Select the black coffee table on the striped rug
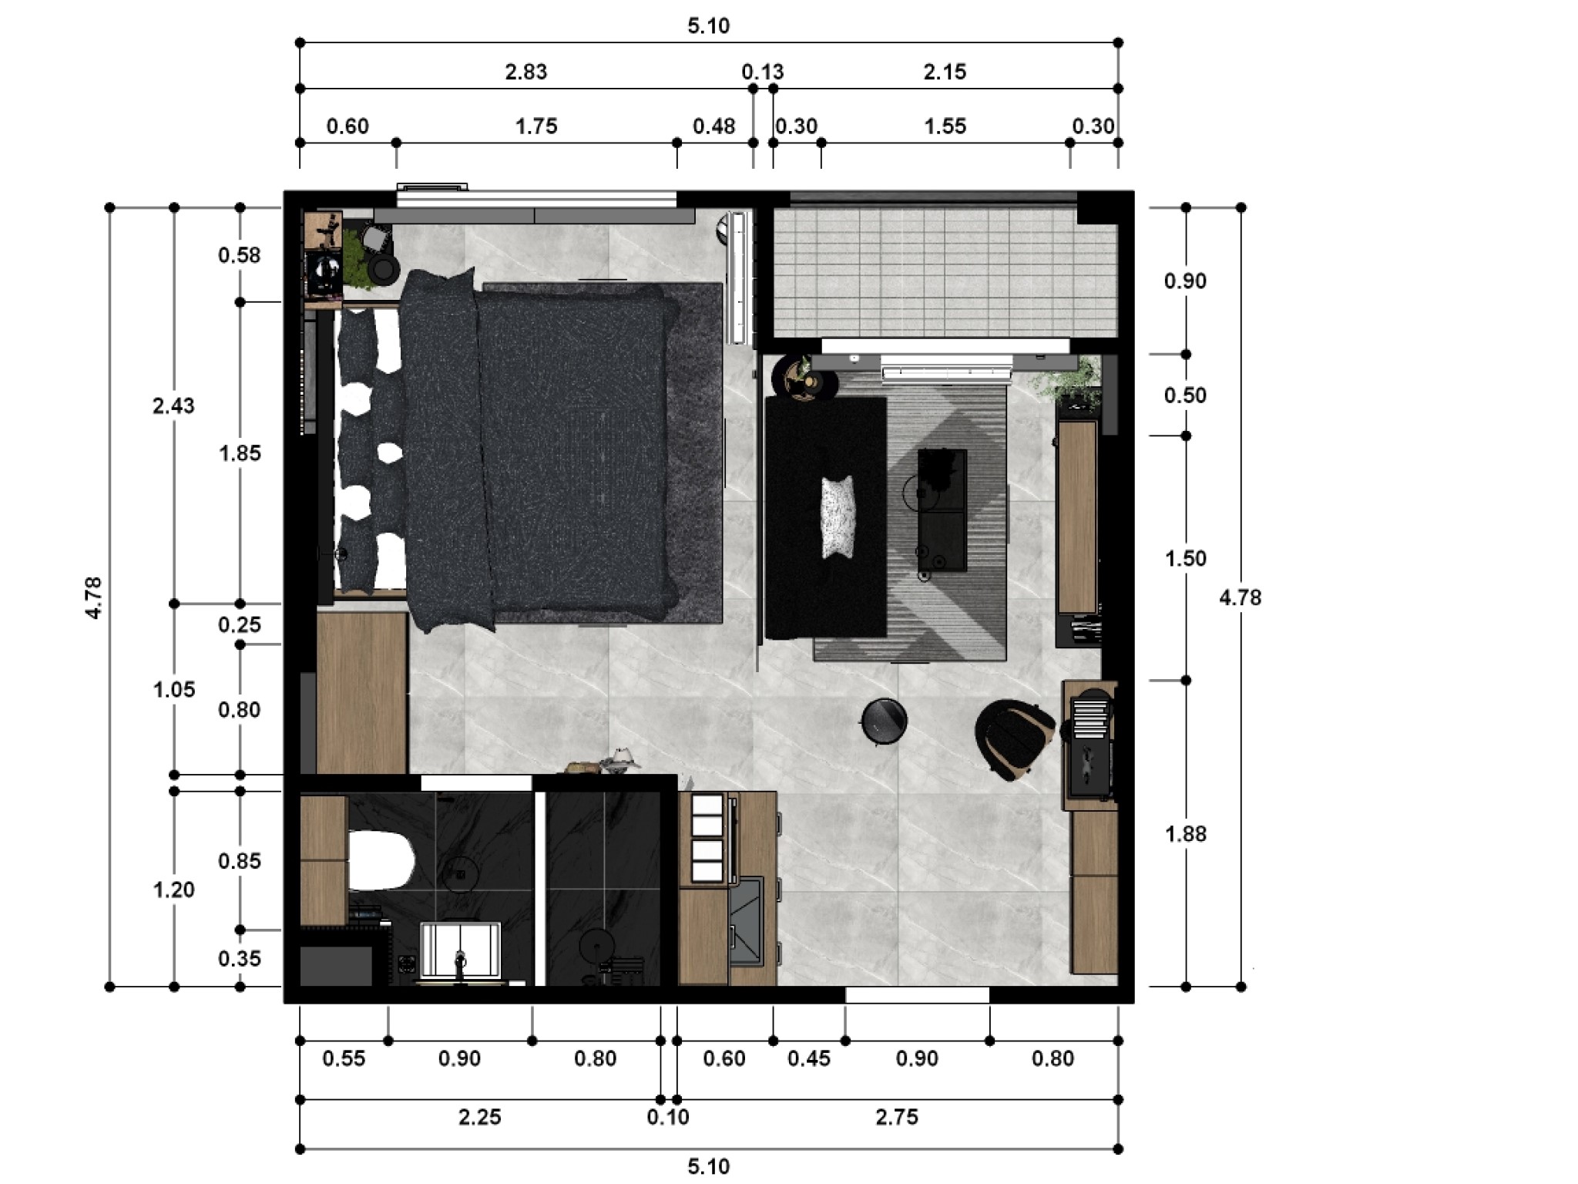(x=942, y=510)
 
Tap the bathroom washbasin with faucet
(x=460, y=950)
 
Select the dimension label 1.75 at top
(x=536, y=126)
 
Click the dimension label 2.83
(x=525, y=72)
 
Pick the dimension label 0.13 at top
(x=762, y=72)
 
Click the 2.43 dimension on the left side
(x=173, y=406)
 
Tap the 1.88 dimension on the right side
(x=1185, y=834)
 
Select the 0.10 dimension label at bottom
(x=667, y=1117)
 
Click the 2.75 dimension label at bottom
(x=897, y=1117)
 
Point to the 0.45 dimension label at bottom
(x=808, y=1059)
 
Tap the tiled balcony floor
(x=944, y=270)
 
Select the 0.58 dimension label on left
(x=239, y=255)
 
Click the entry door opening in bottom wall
(x=917, y=995)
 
